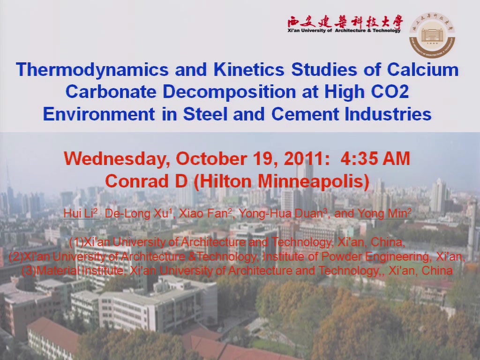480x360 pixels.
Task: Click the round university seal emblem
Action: (432, 35)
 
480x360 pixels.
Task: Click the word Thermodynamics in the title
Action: (92, 69)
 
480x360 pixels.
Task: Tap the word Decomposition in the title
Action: (229, 92)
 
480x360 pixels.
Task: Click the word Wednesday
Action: (117, 159)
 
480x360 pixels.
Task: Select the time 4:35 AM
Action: (375, 158)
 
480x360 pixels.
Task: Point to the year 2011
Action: (307, 158)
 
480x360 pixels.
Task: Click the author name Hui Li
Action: (81, 213)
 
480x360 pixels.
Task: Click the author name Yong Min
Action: (384, 213)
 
